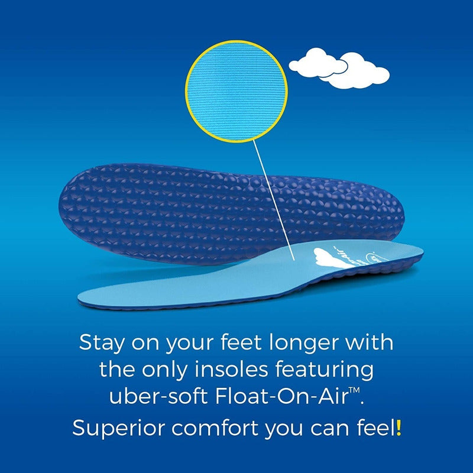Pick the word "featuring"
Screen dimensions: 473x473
(x=329, y=371)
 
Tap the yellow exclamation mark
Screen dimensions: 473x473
(x=399, y=427)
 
